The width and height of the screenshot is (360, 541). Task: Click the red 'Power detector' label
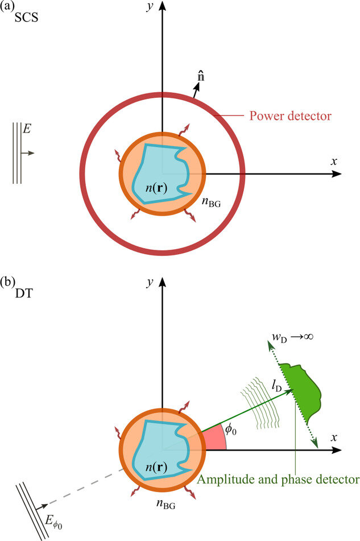(x=291, y=117)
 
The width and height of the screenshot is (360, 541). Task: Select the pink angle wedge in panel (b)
(x=214, y=440)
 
